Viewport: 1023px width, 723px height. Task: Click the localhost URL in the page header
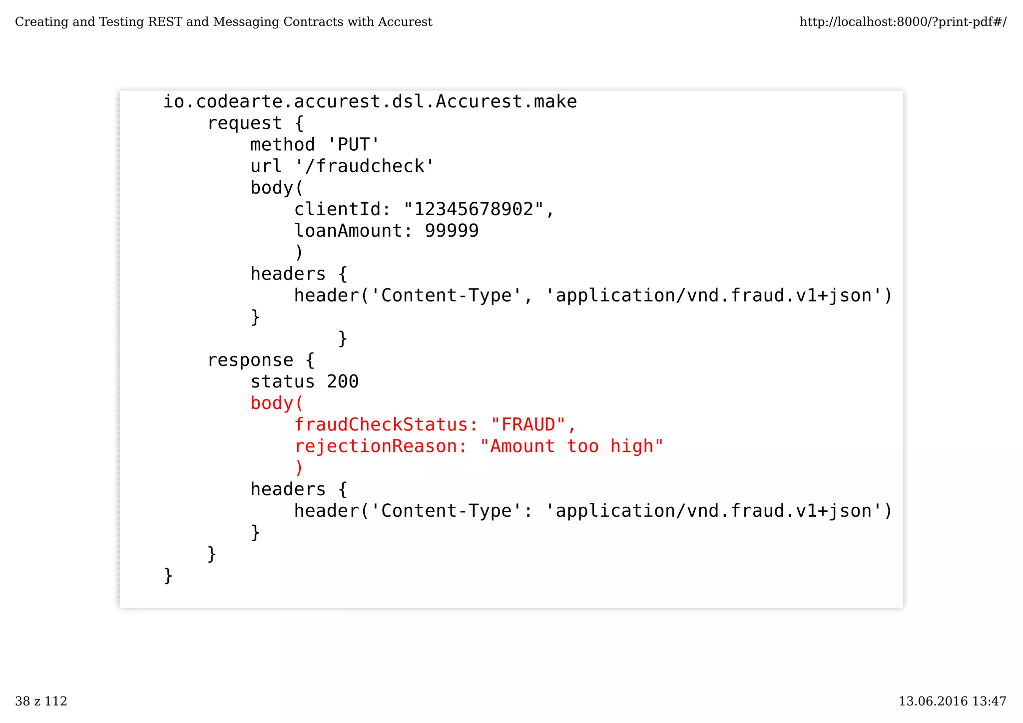(x=903, y=22)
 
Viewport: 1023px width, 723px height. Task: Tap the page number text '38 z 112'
(x=41, y=702)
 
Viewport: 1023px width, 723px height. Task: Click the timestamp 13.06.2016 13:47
(x=952, y=702)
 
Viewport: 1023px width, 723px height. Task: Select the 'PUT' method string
(x=354, y=145)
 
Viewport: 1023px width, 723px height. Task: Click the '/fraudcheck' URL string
(x=365, y=166)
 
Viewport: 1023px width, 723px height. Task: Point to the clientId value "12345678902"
(x=473, y=209)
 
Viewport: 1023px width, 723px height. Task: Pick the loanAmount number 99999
(x=452, y=231)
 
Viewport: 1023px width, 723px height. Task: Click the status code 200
(x=343, y=381)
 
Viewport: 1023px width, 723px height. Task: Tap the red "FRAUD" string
(x=527, y=425)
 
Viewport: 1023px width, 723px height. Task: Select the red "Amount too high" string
(x=571, y=446)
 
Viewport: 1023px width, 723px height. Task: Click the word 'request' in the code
(x=245, y=123)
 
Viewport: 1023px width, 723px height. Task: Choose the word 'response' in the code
(x=250, y=360)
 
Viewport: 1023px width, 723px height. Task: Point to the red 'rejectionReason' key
(x=376, y=446)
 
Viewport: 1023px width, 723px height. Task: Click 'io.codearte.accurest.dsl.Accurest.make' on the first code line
(x=370, y=102)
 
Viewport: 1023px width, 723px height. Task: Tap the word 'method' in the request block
(x=283, y=145)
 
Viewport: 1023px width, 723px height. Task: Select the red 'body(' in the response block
(x=277, y=403)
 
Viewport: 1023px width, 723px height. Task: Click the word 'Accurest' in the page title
(x=405, y=22)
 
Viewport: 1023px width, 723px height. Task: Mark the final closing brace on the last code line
(x=168, y=576)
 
